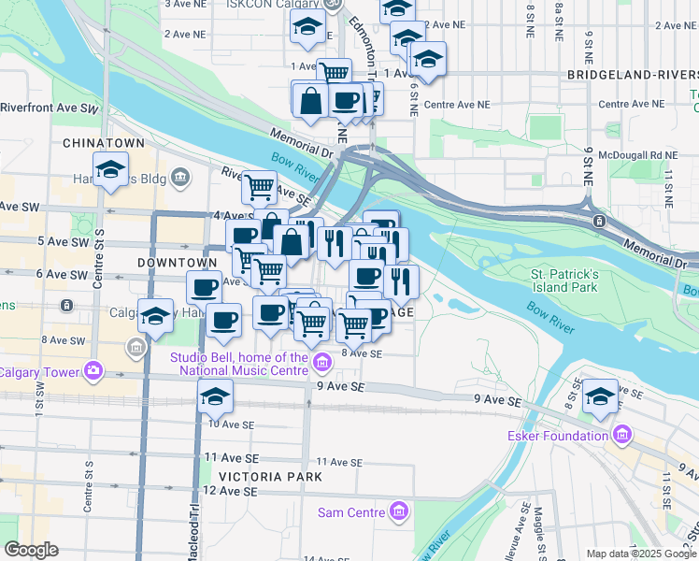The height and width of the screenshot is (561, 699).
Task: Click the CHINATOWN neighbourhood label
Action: tap(104, 143)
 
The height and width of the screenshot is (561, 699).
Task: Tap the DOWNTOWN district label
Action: tap(170, 264)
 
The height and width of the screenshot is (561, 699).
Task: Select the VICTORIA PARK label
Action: tap(270, 477)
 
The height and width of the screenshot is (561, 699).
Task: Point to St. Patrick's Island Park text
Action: tap(563, 280)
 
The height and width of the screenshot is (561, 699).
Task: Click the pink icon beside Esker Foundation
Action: tap(621, 436)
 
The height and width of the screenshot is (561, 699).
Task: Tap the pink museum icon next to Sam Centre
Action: tap(399, 512)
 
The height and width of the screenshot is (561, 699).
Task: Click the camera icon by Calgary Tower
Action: tap(93, 372)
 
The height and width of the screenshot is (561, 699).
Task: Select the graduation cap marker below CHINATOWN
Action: tap(111, 170)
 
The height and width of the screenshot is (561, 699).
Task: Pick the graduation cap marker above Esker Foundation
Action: tap(601, 396)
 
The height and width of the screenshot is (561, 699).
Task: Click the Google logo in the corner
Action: tap(31, 550)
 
